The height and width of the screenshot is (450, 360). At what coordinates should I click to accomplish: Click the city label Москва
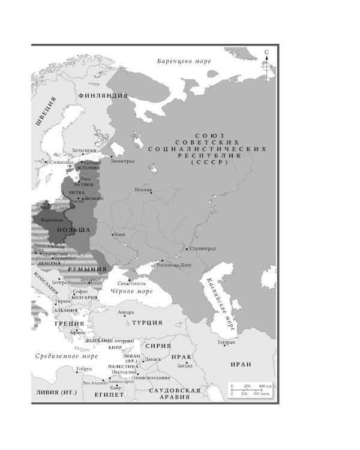pos(143,190)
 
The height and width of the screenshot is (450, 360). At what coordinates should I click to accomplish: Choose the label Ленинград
pos(122,161)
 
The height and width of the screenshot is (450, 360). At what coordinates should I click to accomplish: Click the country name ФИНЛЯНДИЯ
pos(103,95)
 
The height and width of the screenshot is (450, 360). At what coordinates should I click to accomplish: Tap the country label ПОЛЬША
pos(73,230)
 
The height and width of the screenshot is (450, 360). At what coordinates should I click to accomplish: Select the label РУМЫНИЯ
pos(83,269)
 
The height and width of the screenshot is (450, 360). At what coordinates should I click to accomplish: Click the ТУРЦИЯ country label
pos(147,323)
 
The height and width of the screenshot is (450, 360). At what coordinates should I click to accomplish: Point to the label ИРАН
pos(241,364)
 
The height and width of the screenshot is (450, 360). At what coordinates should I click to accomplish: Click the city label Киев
pos(119,235)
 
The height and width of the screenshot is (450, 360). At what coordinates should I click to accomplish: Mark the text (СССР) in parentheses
pos(207,163)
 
